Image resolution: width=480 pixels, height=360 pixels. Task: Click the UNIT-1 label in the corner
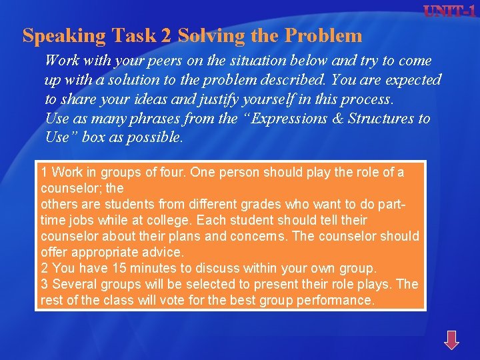click(x=451, y=11)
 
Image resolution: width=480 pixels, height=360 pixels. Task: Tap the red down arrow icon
click(x=451, y=339)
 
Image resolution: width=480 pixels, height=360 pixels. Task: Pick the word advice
click(x=163, y=252)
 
